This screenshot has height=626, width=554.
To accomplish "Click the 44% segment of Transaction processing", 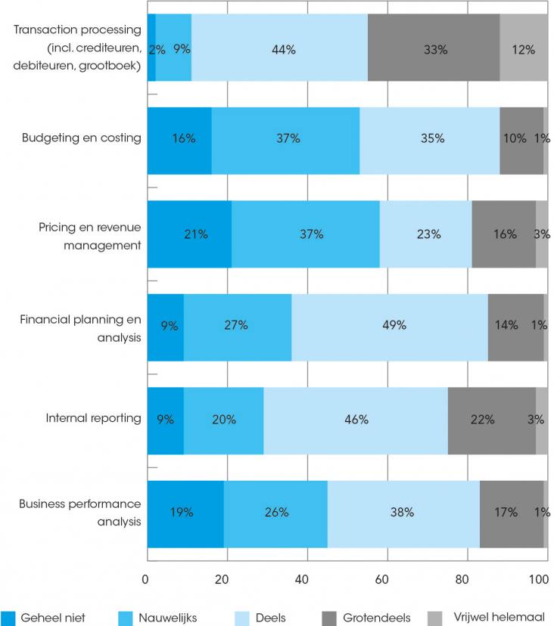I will (x=279, y=48).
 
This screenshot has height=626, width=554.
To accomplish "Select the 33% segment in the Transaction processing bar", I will (x=434, y=48).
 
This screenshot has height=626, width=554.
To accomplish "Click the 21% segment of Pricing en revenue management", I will (x=189, y=234).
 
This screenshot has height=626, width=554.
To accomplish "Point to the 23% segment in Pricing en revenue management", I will (x=425, y=234).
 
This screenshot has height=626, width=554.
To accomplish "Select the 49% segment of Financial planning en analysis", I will (x=390, y=327).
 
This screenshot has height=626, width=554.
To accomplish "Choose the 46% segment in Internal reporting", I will (x=356, y=420).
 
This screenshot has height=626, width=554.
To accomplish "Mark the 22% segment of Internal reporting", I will (x=492, y=420).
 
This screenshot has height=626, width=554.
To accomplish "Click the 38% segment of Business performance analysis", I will (x=403, y=513).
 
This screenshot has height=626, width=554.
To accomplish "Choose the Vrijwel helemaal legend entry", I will (x=485, y=618).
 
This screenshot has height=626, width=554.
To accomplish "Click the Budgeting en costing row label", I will (x=81, y=138).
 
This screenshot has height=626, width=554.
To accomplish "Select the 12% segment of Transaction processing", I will (x=523, y=48).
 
